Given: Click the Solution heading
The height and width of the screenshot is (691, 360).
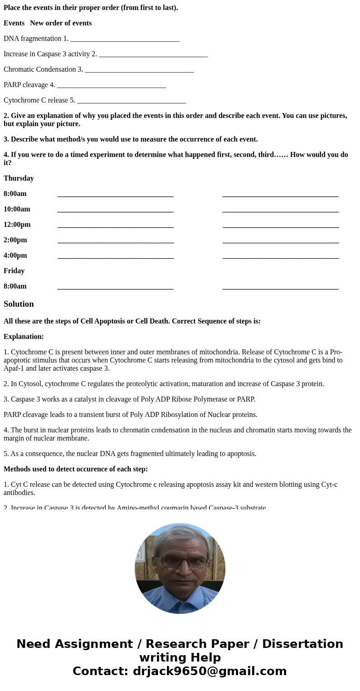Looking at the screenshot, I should (x=19, y=304).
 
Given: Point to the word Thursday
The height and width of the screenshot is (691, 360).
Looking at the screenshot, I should (x=19, y=178).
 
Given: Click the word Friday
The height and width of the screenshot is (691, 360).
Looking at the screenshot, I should (x=14, y=271).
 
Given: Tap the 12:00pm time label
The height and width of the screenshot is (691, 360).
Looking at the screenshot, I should (x=17, y=225).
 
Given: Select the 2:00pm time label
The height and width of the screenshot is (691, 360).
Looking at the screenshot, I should (x=15, y=240).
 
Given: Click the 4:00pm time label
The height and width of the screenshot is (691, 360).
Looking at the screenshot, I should (x=15, y=255).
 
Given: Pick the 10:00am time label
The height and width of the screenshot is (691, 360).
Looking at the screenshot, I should (x=17, y=209).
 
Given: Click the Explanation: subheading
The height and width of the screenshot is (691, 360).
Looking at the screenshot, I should (x=24, y=337).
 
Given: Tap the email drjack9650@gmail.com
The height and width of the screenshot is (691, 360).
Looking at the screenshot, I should (x=209, y=671).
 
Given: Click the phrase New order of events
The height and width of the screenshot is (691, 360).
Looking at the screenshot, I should (x=61, y=23).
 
